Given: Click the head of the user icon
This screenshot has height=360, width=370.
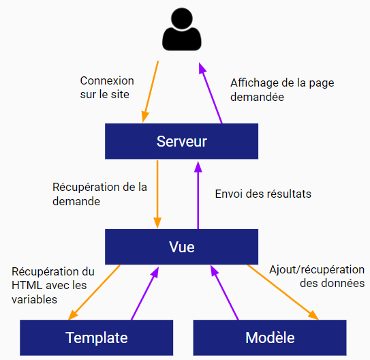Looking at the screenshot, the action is [182, 18].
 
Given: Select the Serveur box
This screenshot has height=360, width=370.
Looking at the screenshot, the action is [181, 141].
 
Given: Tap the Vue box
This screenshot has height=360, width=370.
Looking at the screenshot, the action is [181, 247].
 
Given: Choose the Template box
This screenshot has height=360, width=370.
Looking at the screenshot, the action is [97, 337].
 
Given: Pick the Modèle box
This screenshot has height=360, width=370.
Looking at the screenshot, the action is [270, 337].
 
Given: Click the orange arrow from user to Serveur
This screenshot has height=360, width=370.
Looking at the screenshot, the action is [151, 92].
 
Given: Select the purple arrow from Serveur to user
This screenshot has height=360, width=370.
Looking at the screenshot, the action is [211, 93].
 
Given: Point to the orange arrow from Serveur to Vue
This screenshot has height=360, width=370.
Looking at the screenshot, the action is [157, 194].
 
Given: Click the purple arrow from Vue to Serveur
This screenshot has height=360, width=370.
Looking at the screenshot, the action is [198, 195].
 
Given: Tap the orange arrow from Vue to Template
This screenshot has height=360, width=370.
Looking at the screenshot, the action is [94, 292].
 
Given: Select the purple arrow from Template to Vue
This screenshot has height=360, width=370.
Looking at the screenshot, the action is [145, 293].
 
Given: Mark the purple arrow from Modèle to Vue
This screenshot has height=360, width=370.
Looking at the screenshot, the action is [224, 292].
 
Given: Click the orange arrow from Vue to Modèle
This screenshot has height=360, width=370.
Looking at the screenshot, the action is [283, 292].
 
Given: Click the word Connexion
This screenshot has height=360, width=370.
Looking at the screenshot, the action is [107, 80].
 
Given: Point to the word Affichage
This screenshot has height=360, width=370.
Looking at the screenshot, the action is [254, 83].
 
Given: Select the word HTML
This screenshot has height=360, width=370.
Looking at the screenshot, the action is [27, 286].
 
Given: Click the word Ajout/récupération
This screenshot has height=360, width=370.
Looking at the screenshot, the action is [317, 270].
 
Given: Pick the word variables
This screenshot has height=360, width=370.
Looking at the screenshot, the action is [35, 299].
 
